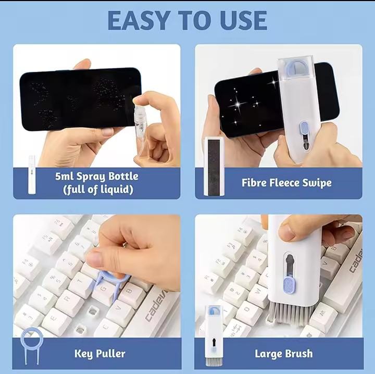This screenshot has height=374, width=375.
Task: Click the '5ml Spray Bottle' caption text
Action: (97, 176)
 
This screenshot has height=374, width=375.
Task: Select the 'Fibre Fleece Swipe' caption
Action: (286, 182)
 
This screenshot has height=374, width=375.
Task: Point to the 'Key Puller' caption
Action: (99, 354)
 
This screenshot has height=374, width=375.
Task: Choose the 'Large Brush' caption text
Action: (283, 354)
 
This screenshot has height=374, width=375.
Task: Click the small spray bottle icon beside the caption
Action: (32, 174)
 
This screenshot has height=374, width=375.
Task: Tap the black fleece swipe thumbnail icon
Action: (214, 167)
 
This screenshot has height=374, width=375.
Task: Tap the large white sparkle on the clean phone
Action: (239, 104)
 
